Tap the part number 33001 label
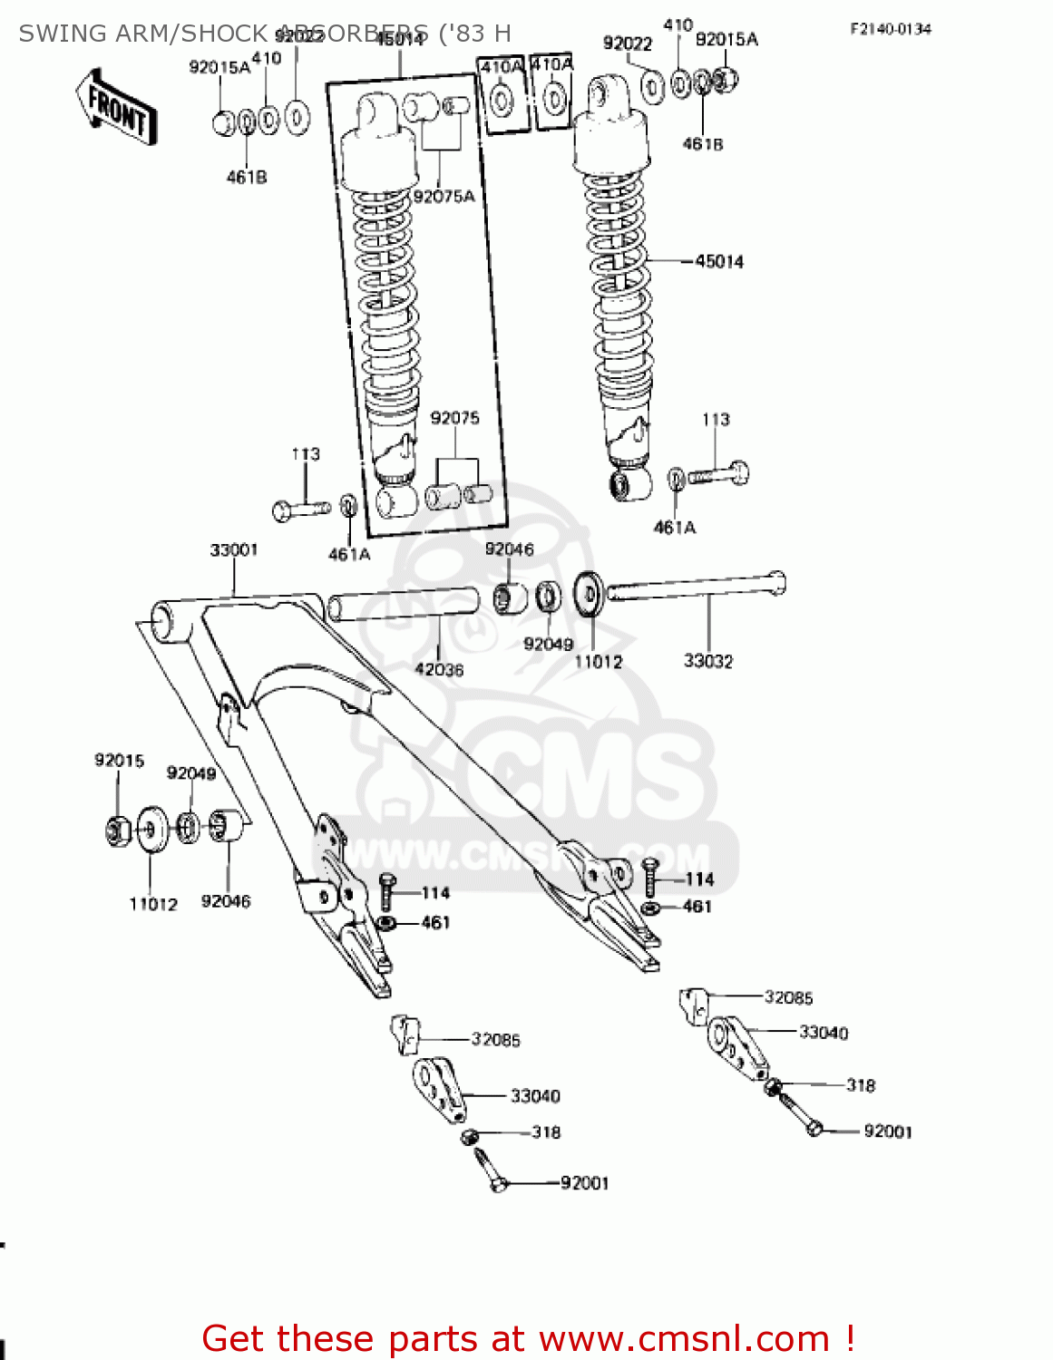pyautogui.click(x=234, y=550)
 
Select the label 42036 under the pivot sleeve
pyautogui.click(x=439, y=670)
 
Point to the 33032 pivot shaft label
pyautogui.click(x=708, y=661)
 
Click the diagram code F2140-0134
pyautogui.click(x=891, y=29)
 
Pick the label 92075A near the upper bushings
pyautogui.click(x=444, y=197)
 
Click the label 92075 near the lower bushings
pyautogui.click(x=455, y=418)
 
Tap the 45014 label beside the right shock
pyautogui.click(x=719, y=262)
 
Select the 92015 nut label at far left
pyautogui.click(x=119, y=761)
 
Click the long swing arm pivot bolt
pyautogui.click(x=694, y=586)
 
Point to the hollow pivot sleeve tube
pyautogui.click(x=404, y=605)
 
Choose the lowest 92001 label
pyautogui.click(x=585, y=1183)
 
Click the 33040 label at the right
pyautogui.click(x=824, y=1033)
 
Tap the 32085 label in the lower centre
pyautogui.click(x=495, y=1040)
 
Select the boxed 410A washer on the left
pyautogui.click(x=502, y=93)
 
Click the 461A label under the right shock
pyautogui.click(x=675, y=528)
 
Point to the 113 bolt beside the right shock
pyautogui.click(x=718, y=473)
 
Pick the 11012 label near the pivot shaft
pyautogui.click(x=599, y=662)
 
